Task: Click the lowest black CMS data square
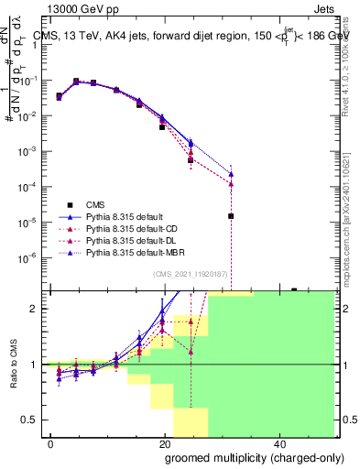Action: click(231, 216)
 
